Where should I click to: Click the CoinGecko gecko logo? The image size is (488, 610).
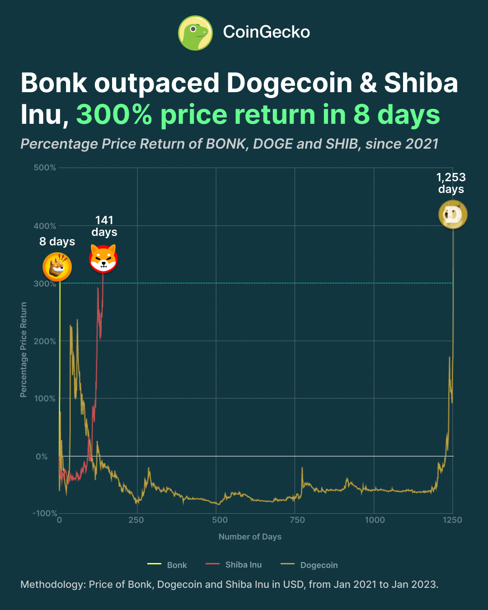(x=195, y=33)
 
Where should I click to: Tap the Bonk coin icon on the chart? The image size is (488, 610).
(x=57, y=267)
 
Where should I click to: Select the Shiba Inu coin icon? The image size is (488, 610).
(x=103, y=259)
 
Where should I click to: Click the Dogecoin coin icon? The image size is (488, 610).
(x=453, y=215)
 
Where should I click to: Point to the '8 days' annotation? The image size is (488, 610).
(x=57, y=242)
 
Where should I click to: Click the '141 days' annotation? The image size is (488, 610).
(x=104, y=226)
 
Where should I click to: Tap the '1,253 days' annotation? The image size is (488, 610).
(x=451, y=183)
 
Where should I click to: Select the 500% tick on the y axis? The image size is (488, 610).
(x=45, y=168)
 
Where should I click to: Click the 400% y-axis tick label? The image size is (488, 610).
(x=45, y=226)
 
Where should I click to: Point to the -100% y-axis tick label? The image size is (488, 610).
(x=45, y=513)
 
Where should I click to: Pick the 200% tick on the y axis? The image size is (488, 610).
(x=45, y=341)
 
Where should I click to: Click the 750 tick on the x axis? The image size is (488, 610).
(x=297, y=520)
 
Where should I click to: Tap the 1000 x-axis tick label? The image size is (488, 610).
(x=375, y=520)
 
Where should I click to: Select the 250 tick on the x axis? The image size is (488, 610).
(x=136, y=520)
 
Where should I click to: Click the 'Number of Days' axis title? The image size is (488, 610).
(x=250, y=537)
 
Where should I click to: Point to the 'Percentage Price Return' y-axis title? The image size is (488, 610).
(x=23, y=350)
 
